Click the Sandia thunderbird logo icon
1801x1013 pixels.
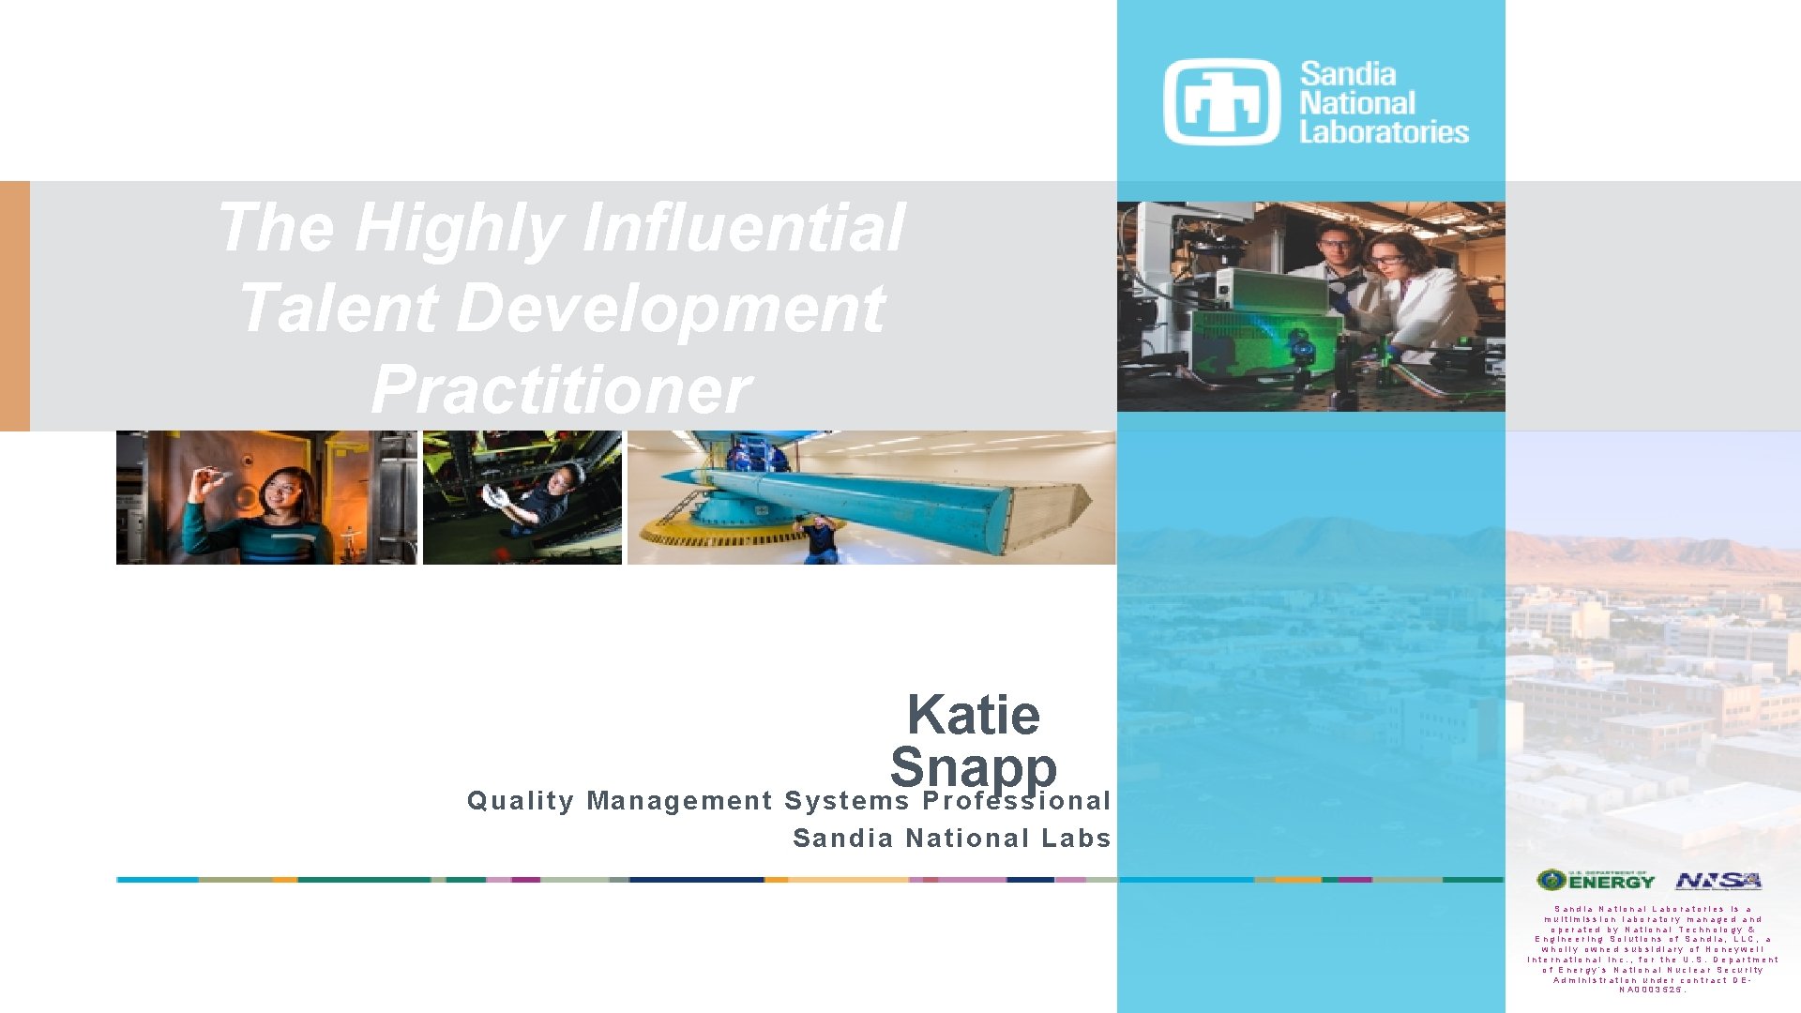pyautogui.click(x=1221, y=102)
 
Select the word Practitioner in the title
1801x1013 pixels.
pyautogui.click(x=561, y=389)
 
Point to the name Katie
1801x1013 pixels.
pyautogui.click(x=974, y=715)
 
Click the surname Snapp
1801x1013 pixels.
pyautogui.click(x=974, y=767)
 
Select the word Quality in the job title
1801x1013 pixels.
pyautogui.click(x=521, y=801)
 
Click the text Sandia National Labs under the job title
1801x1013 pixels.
pyautogui.click(x=952, y=838)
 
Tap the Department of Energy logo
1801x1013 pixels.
pyautogui.click(x=1596, y=881)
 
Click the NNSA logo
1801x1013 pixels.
pyautogui.click(x=1718, y=881)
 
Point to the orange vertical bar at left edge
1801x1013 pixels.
pyautogui.click(x=15, y=306)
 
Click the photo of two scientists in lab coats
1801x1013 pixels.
pyautogui.click(x=1310, y=307)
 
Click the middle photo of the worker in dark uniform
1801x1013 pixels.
pyautogui.click(x=522, y=498)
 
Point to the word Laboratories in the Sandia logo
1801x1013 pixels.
pyautogui.click(x=1384, y=132)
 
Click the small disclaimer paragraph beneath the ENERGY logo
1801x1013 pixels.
pyautogui.click(x=1652, y=949)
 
